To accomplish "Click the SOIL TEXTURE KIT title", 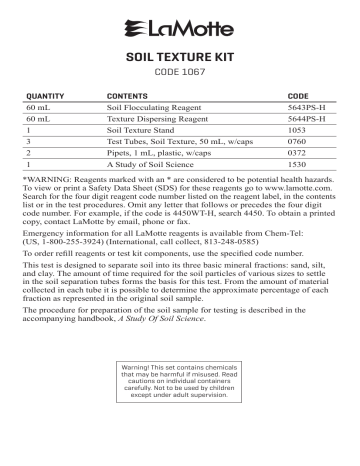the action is tap(180, 58).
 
